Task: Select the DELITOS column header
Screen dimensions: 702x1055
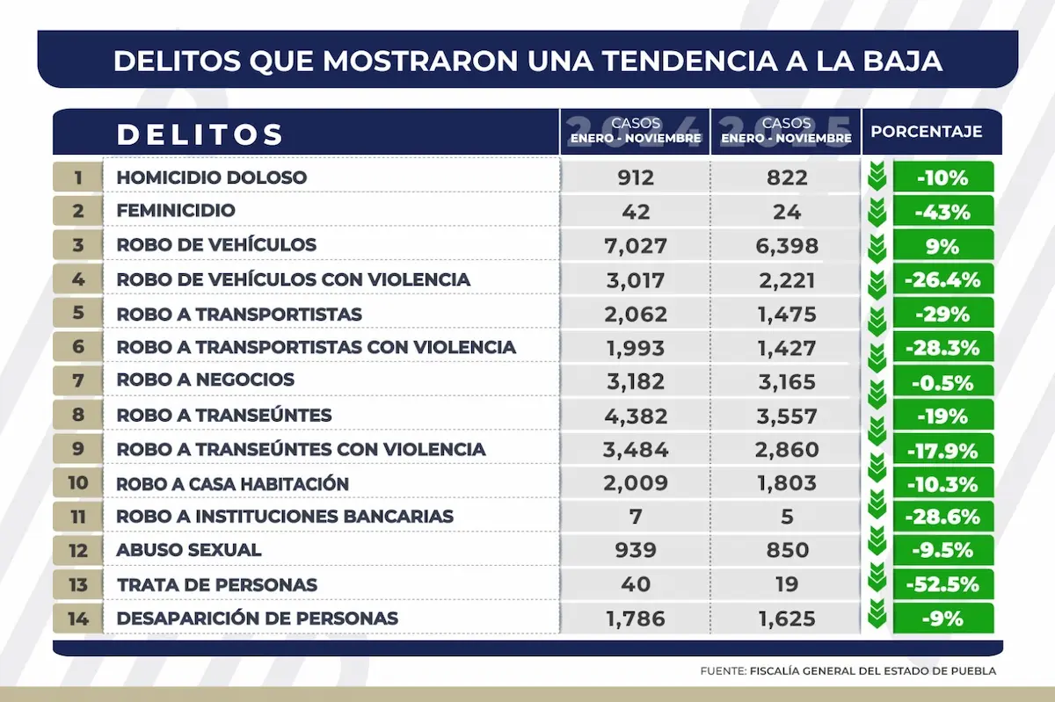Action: (x=200, y=134)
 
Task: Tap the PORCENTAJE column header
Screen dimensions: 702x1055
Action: (x=926, y=132)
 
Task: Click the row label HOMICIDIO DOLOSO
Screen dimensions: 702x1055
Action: (x=212, y=177)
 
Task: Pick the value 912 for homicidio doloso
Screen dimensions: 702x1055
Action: (x=636, y=177)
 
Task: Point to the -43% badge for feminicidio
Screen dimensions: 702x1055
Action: (x=942, y=212)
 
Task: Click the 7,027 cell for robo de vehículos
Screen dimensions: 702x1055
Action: (x=636, y=245)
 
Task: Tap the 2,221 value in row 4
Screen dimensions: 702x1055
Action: (x=786, y=279)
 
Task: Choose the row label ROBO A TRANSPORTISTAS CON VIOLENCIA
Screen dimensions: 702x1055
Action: (x=316, y=347)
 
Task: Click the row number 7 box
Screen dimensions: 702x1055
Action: (x=77, y=380)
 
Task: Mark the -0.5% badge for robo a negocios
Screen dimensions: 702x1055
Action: (x=942, y=382)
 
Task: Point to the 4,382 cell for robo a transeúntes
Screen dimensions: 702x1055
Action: (x=636, y=416)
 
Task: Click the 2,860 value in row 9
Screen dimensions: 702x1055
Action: (x=786, y=450)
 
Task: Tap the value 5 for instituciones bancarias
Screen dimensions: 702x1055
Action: (x=786, y=517)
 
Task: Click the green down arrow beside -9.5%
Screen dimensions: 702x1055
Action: (x=876, y=548)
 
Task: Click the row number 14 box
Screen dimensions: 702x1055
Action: (x=77, y=619)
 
